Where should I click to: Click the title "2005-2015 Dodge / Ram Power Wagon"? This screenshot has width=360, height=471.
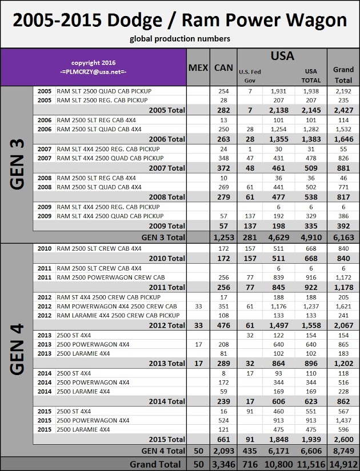click(x=180, y=21)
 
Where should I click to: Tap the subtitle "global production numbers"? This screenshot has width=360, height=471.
click(x=180, y=39)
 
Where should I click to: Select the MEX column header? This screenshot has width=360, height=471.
click(x=198, y=67)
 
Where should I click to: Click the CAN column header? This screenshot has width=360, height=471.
click(x=223, y=67)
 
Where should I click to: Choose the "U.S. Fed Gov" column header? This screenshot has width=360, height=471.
click(x=250, y=76)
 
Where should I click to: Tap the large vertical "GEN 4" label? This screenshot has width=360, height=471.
click(x=17, y=349)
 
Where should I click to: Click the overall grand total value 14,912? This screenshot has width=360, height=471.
click(x=343, y=464)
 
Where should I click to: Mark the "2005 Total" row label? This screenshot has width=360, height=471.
click(x=166, y=109)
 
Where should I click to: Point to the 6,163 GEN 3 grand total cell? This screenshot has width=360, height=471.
click(x=343, y=236)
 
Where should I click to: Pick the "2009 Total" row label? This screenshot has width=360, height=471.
click(x=166, y=226)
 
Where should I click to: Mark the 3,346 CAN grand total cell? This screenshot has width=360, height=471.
click(x=223, y=464)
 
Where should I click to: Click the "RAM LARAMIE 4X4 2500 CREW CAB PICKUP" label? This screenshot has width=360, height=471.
click(x=118, y=315)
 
